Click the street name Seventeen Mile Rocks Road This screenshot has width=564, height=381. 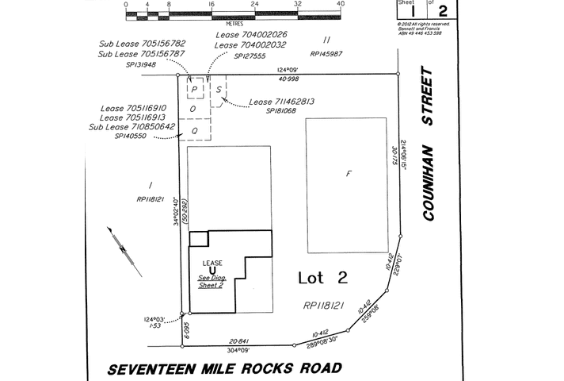coord(225,368)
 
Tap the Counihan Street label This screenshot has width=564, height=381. coord(429,142)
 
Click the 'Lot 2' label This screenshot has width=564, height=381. coord(322,278)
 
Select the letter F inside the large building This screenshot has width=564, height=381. coord(347,172)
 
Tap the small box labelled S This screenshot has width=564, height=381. coord(219,89)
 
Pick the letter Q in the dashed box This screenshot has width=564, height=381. coord(192,130)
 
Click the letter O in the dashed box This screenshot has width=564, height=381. coord(192,109)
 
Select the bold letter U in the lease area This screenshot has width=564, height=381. coord(211,271)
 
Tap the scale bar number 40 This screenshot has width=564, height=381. coord(341,4)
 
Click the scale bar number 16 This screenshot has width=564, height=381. coord(211,4)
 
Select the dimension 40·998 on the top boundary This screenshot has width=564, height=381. coord(289,78)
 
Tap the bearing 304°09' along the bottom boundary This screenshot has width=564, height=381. coord(238,350)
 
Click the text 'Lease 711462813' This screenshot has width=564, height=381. coord(281,102)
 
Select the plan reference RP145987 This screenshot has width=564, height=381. coord(326,54)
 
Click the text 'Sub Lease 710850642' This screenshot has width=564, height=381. coord(131,126)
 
